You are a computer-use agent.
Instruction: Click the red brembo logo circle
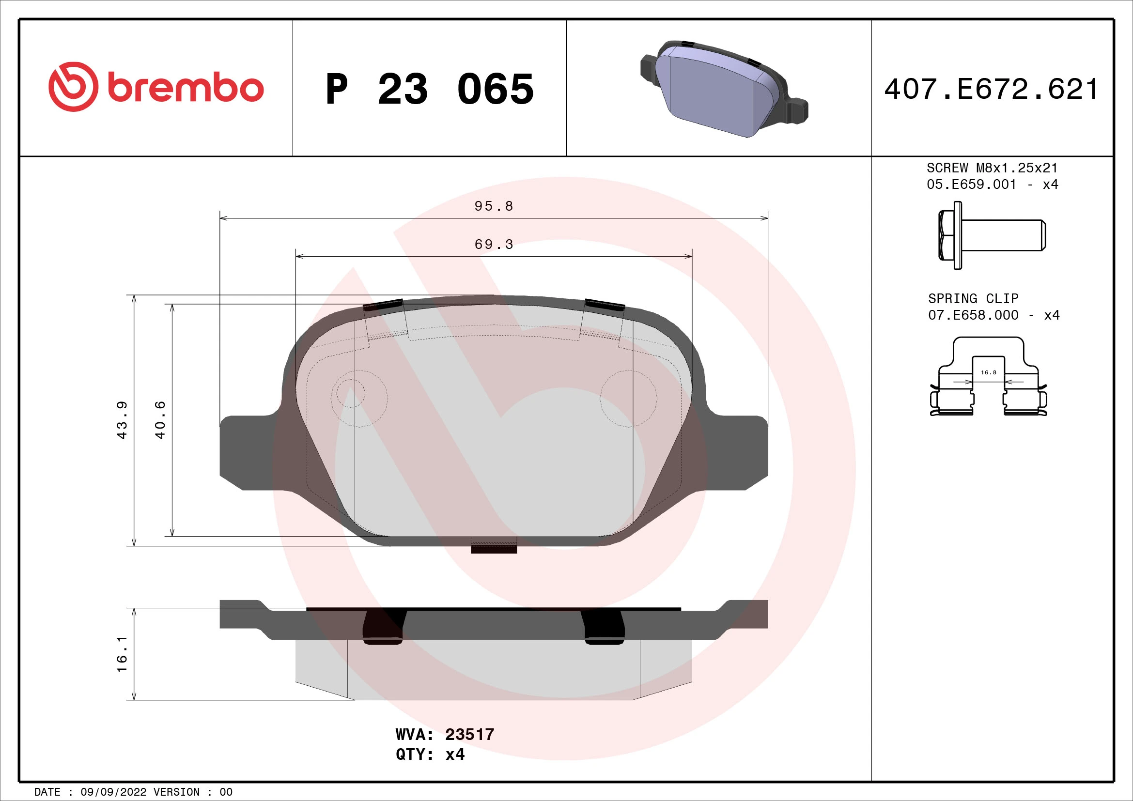(x=73, y=87)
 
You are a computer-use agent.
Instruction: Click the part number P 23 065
(x=429, y=89)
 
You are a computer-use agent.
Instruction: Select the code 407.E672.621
(x=992, y=89)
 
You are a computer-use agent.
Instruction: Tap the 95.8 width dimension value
(x=494, y=206)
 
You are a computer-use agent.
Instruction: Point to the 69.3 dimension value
(x=494, y=244)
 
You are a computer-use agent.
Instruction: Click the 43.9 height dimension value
(x=122, y=420)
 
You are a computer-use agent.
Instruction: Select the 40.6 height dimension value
(x=160, y=420)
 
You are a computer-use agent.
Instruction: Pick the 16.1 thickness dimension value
(x=122, y=654)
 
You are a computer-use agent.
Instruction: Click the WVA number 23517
(x=469, y=735)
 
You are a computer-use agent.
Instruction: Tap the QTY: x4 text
(x=430, y=754)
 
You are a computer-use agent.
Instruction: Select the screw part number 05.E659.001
(x=971, y=185)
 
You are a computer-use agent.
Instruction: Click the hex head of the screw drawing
(x=947, y=235)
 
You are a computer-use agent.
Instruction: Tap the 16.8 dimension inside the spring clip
(x=989, y=372)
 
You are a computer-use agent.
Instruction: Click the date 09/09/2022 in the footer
(x=113, y=792)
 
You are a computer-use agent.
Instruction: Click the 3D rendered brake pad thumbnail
(x=723, y=89)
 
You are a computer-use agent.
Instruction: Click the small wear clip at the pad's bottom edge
(x=494, y=546)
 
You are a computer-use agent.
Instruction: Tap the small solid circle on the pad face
(x=350, y=393)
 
